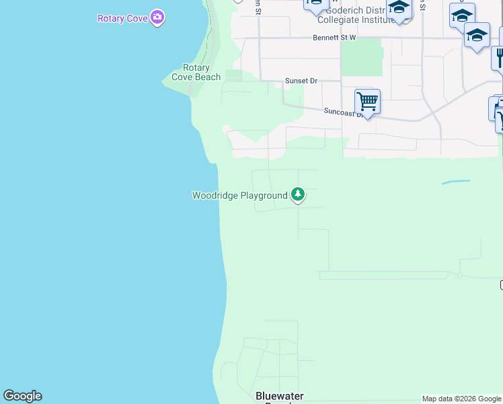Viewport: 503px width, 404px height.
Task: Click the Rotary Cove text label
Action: (122, 18)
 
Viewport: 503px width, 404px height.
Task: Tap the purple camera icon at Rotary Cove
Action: (157, 17)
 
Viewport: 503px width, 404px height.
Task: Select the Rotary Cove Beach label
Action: (196, 72)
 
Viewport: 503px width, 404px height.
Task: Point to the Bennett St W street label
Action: (334, 38)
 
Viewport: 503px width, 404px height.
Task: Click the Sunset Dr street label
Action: (301, 81)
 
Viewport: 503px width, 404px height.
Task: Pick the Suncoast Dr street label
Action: (344, 112)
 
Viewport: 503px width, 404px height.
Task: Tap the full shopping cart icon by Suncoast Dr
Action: (367, 102)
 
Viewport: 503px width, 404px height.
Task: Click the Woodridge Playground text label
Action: (239, 196)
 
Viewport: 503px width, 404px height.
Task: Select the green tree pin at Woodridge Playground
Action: (298, 195)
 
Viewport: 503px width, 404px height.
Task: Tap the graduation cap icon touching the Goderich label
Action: (399, 9)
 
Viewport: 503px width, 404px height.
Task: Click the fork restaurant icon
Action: (498, 57)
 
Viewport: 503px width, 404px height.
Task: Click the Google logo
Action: (22, 396)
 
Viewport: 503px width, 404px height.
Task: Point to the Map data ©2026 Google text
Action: (461, 399)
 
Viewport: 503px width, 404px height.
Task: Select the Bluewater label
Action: (280, 396)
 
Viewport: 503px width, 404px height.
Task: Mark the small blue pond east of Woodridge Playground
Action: (455, 182)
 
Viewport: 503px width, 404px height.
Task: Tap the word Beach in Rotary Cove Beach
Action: (208, 77)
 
